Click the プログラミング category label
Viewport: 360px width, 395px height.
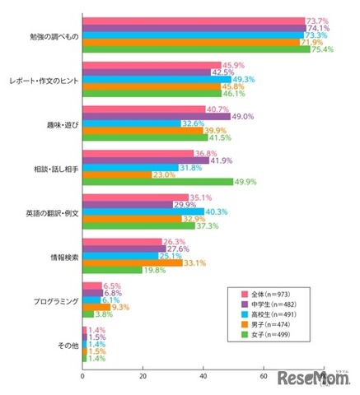pos(57,301)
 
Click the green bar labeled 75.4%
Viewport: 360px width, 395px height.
pos(196,50)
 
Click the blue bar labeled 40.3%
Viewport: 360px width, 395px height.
pos(143,211)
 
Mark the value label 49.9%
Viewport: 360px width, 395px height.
pos(249,183)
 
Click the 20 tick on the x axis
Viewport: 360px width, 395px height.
pos(143,376)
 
